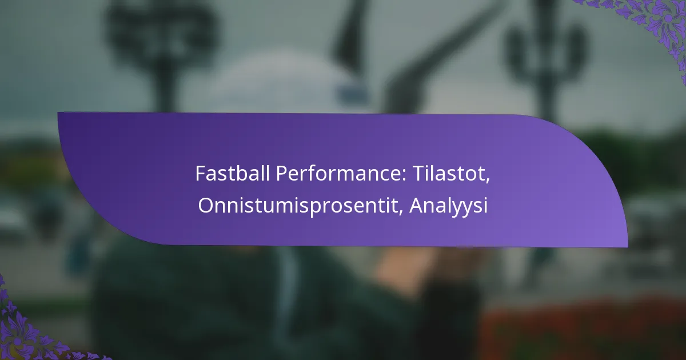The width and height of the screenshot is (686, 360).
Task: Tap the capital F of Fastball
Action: pos(200,173)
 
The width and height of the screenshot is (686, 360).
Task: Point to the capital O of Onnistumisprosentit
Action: pos(205,206)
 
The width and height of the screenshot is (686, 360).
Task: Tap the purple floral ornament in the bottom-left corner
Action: pos(23,331)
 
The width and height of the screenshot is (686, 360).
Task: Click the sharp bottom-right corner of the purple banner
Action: pos(627,247)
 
